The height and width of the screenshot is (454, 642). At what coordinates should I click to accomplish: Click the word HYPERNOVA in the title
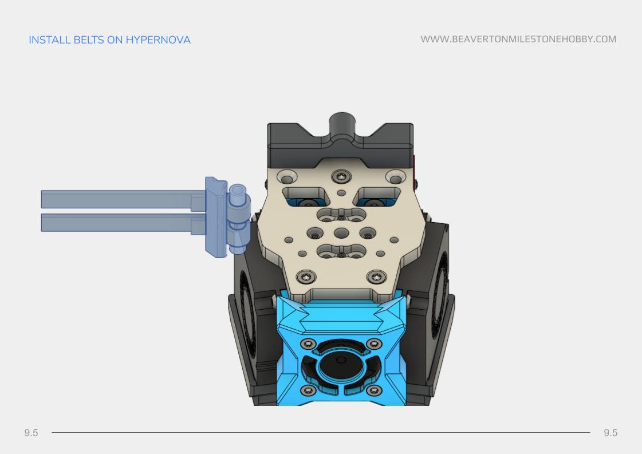pyautogui.click(x=158, y=40)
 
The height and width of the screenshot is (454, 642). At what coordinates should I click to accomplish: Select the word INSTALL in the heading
pyautogui.click(x=50, y=40)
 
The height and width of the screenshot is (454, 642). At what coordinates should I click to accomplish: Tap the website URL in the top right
pyautogui.click(x=518, y=39)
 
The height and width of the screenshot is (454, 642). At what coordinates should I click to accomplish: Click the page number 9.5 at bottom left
pyautogui.click(x=31, y=433)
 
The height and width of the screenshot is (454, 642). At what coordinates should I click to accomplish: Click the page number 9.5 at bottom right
pyautogui.click(x=611, y=433)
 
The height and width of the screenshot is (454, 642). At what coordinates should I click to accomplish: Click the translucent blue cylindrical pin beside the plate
pyautogui.click(x=237, y=219)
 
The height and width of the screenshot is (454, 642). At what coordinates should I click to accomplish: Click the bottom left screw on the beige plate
pyautogui.click(x=308, y=277)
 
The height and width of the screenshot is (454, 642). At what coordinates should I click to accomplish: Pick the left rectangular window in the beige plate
pyautogui.click(x=307, y=196)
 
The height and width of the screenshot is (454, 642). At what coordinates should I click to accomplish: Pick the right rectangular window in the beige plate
pyautogui.click(x=376, y=196)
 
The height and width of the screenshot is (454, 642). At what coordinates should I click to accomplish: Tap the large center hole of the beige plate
pyautogui.click(x=341, y=233)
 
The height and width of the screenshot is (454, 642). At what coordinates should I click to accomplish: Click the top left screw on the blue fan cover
pyautogui.click(x=308, y=344)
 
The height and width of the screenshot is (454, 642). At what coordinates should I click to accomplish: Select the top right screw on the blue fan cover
pyautogui.click(x=374, y=344)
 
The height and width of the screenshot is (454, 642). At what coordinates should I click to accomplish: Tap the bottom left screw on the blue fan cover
pyautogui.click(x=308, y=390)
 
